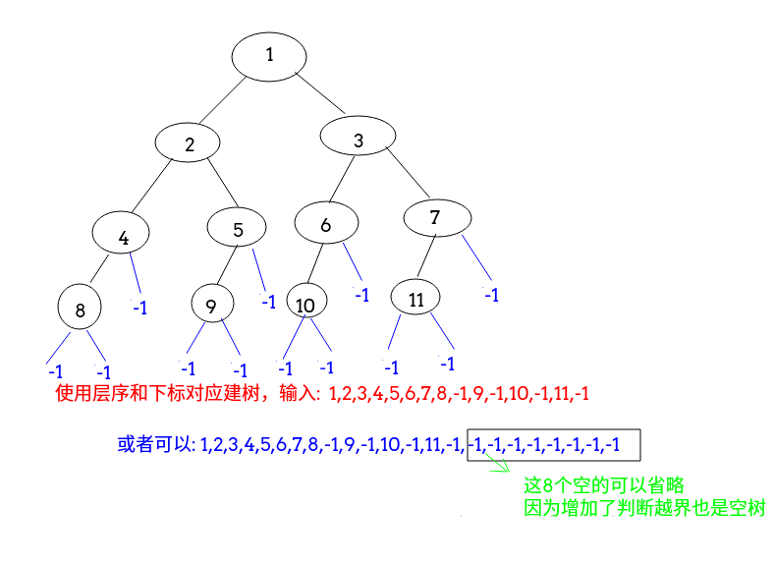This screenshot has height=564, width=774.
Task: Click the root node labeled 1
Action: point(270,55)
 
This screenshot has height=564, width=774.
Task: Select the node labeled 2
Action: point(190,143)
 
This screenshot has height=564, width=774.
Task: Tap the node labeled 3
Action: point(359,141)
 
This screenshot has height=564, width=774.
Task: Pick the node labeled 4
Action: point(123,236)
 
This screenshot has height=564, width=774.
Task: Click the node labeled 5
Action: point(238,229)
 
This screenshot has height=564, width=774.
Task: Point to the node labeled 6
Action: point(326,224)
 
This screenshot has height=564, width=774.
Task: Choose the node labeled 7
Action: point(435,217)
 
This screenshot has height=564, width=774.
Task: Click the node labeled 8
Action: point(81,310)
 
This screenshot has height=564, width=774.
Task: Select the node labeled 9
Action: point(211,306)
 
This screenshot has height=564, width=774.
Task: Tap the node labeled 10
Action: point(305,304)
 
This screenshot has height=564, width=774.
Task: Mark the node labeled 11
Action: point(416,299)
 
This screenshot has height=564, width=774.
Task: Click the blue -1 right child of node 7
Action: point(490,295)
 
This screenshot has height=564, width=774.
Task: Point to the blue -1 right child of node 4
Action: point(139,308)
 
